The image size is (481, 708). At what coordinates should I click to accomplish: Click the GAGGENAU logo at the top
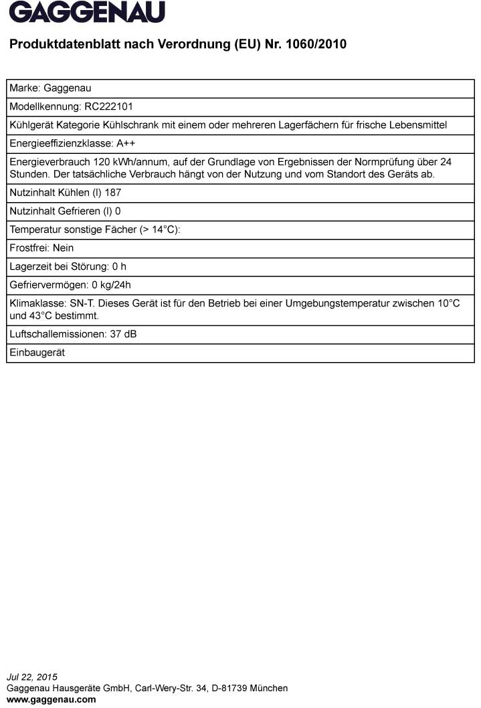click(87, 12)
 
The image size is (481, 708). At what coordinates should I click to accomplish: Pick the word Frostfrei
click(29, 248)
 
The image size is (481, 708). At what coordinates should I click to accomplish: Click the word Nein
click(64, 248)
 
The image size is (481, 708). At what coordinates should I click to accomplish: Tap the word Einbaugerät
click(37, 352)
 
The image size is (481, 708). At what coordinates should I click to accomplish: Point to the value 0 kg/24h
click(112, 284)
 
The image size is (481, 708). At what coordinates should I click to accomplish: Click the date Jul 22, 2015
click(32, 677)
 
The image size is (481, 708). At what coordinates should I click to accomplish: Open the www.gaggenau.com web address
click(52, 699)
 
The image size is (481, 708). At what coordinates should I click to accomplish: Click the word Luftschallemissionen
click(58, 333)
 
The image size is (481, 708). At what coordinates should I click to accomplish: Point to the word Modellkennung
click(44, 106)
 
